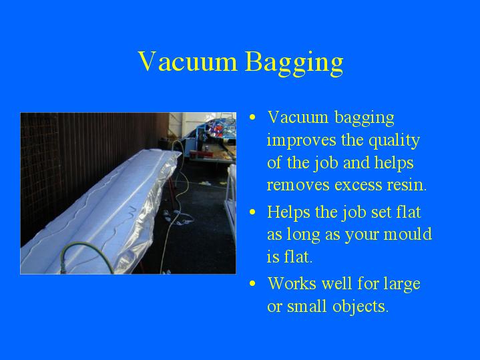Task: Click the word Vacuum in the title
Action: click(188, 61)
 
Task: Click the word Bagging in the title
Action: click(294, 63)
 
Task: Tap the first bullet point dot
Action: click(252, 118)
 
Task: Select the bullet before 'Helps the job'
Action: click(252, 212)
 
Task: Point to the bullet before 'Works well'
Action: click(252, 284)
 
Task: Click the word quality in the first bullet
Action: click(394, 142)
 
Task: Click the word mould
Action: click(407, 234)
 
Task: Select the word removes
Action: click(298, 186)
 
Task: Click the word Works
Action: click(292, 283)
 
